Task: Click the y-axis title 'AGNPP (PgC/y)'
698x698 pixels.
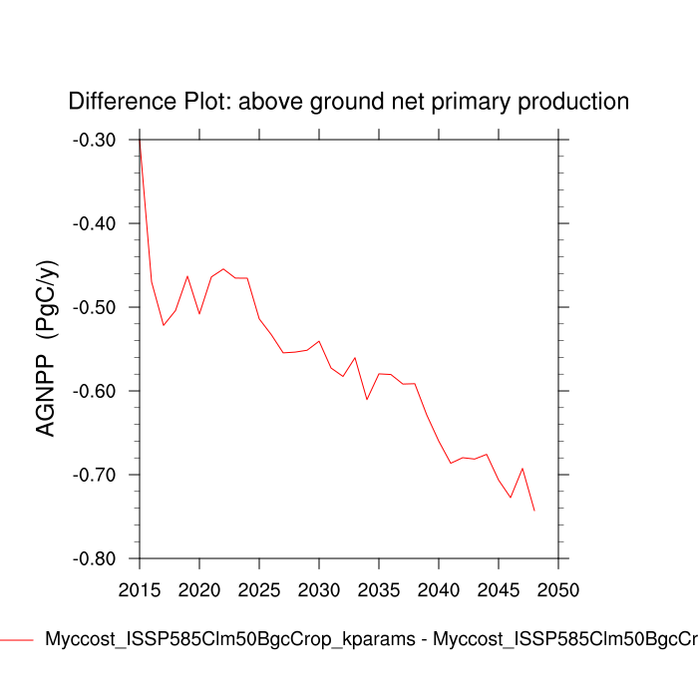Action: click(47, 348)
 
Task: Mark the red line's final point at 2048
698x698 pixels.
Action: click(534, 511)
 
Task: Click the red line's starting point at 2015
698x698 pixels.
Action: click(140, 141)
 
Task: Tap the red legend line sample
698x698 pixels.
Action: click(17, 640)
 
